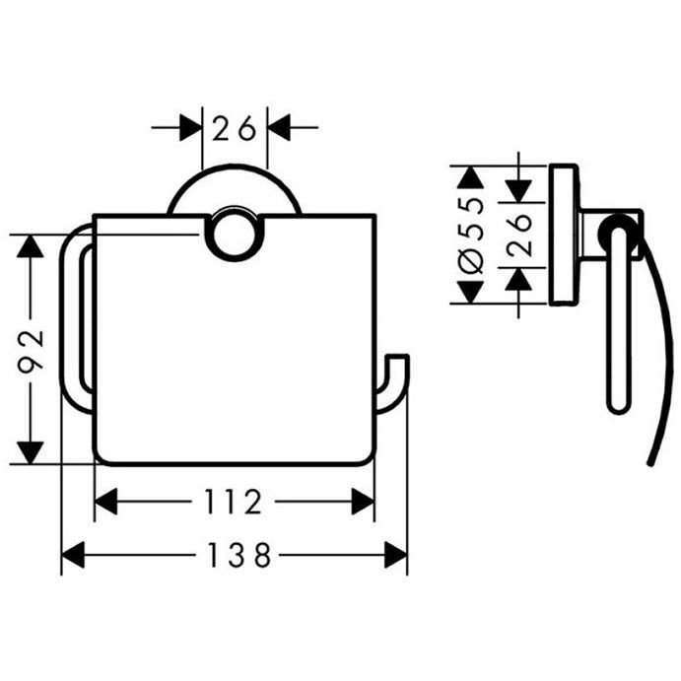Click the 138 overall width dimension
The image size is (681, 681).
[239, 555]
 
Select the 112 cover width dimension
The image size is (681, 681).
[233, 502]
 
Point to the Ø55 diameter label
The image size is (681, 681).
[471, 235]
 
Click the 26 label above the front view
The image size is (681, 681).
[235, 128]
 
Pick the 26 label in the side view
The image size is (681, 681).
[519, 235]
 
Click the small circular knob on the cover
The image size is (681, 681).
[235, 235]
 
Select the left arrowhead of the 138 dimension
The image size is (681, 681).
[73, 555]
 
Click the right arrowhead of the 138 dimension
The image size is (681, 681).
[395, 555]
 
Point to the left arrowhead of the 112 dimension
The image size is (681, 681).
[106, 502]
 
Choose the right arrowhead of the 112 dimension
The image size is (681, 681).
[363, 502]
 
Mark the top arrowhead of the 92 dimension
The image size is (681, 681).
[30, 245]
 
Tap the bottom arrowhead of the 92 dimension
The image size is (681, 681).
[30, 452]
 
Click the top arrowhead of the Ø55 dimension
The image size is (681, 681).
[471, 177]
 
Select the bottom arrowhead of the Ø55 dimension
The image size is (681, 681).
[471, 293]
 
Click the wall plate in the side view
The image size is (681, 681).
[564, 235]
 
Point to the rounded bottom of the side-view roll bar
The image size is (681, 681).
[617, 406]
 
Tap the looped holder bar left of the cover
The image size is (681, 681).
[70, 318]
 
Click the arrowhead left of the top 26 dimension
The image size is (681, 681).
[191, 128]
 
